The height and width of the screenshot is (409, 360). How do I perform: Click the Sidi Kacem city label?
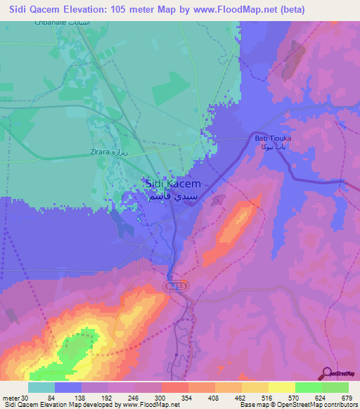pos(172,183)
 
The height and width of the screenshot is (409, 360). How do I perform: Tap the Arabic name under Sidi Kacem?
pos(173,197)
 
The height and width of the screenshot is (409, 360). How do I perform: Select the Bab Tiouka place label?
pos(273,138)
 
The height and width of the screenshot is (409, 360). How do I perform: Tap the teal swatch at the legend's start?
pos(41,387)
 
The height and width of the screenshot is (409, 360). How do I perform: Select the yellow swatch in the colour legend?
pos(255,387)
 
